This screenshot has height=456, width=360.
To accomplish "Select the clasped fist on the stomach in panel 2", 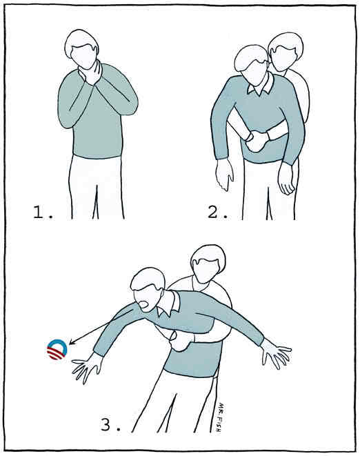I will [258, 140].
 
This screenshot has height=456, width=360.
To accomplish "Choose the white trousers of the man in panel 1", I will [97, 186].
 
